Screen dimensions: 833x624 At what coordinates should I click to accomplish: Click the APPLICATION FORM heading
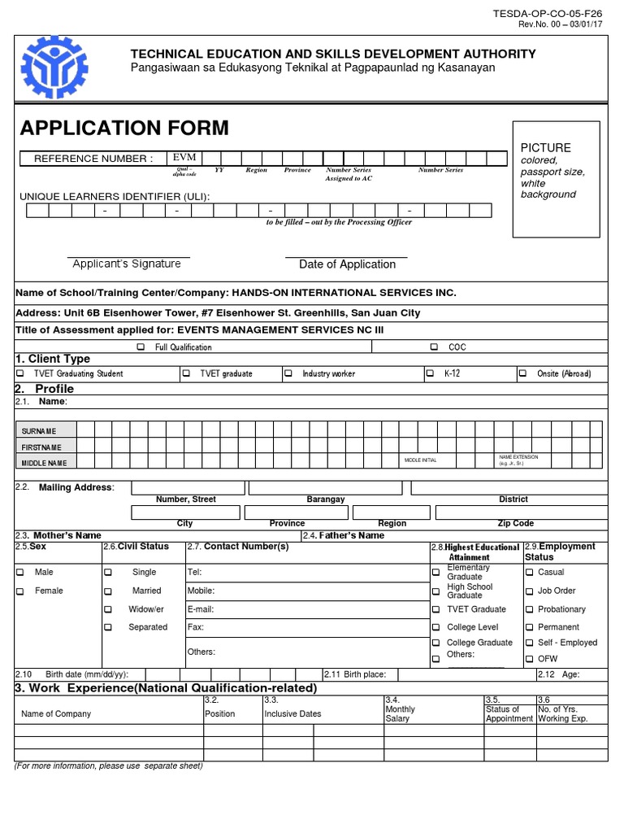(124, 128)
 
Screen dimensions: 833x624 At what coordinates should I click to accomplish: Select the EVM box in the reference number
(184, 157)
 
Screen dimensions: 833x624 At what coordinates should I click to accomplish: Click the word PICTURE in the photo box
(545, 147)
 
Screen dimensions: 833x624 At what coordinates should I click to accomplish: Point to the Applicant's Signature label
(127, 264)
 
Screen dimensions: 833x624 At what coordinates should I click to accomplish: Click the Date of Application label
(347, 264)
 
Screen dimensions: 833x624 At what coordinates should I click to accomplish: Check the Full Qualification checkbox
(141, 347)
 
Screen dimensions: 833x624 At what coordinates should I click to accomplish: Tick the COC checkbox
(435, 347)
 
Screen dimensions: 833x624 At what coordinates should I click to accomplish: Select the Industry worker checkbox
(288, 374)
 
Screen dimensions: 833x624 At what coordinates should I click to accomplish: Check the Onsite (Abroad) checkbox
(522, 374)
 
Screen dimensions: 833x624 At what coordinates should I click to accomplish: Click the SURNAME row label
(39, 430)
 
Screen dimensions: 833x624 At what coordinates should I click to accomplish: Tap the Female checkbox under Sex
(20, 591)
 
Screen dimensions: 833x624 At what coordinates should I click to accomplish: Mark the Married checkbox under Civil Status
(108, 591)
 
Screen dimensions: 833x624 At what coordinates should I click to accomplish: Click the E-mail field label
(200, 608)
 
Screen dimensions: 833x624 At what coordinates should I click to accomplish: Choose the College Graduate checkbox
(436, 643)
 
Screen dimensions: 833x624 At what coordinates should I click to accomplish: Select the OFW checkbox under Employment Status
(530, 659)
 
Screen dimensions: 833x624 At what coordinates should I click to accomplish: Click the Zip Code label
(515, 523)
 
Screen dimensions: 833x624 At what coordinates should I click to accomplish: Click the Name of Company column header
(56, 713)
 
